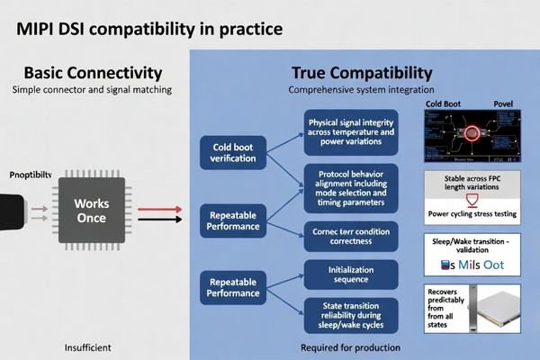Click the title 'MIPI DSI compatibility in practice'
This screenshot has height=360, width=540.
click(149, 29)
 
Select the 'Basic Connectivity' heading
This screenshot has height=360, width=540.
click(93, 72)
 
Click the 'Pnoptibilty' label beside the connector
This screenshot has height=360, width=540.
click(31, 174)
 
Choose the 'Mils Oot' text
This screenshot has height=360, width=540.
click(468, 265)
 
